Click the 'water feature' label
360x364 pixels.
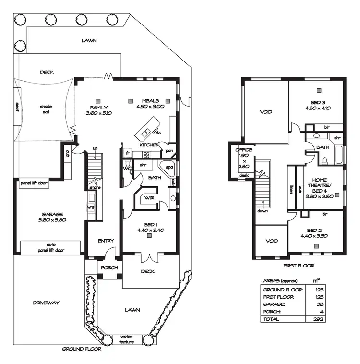(x=127, y=340)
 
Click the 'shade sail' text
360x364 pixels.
(x=46, y=109)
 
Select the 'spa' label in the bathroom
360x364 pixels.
(x=169, y=167)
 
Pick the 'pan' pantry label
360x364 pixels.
(x=169, y=150)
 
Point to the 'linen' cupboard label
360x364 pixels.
(x=291, y=189)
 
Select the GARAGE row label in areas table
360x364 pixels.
(x=273, y=304)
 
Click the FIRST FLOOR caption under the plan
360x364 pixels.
(x=299, y=265)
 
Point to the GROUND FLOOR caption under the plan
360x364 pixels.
(x=82, y=350)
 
